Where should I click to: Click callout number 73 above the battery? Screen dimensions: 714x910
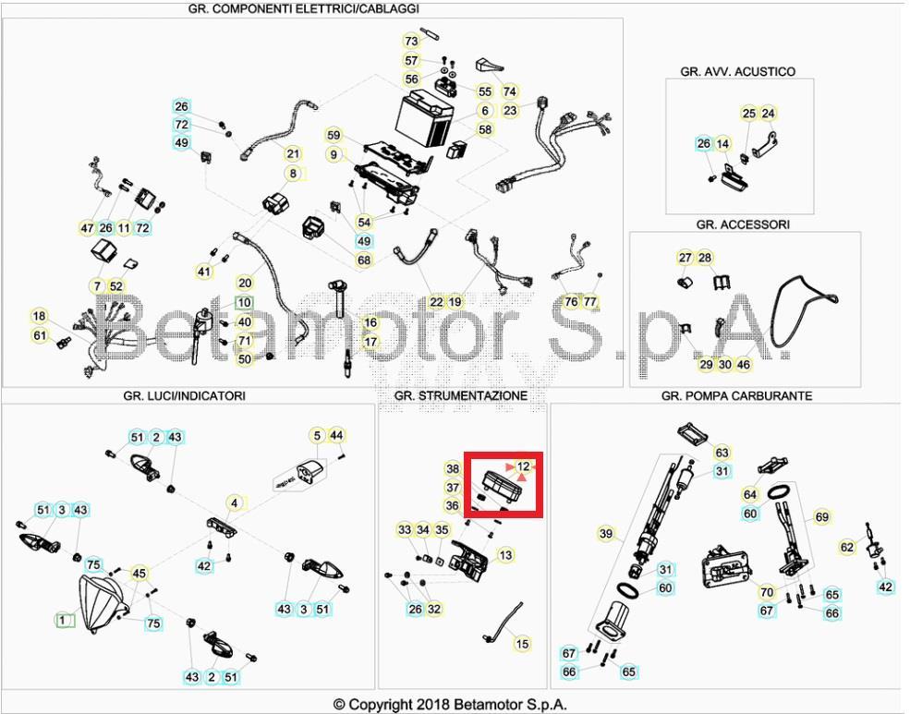coord(412,41)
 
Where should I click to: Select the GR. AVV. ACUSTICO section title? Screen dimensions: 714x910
coord(737,71)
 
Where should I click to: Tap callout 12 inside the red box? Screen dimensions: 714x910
coord(524,466)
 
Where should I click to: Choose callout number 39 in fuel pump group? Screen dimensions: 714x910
coord(606,533)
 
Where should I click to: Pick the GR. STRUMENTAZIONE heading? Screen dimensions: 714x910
coord(461,395)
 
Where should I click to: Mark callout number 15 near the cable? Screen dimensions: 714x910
coord(523,644)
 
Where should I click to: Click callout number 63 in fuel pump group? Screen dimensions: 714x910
coord(722,453)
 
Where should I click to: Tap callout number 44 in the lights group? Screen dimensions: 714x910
coord(336,435)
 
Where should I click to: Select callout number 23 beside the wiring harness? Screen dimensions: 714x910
coord(511,110)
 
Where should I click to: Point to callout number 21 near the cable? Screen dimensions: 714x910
coord(293,153)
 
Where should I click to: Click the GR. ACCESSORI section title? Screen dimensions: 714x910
coord(743,224)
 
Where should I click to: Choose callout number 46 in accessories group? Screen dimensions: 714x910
coord(744,365)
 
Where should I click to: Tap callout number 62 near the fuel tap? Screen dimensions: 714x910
coord(847,547)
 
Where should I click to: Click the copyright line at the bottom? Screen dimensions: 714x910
coord(450,705)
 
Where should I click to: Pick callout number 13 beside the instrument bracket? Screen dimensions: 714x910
coord(505,555)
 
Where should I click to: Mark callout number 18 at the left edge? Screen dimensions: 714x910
coord(39,316)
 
